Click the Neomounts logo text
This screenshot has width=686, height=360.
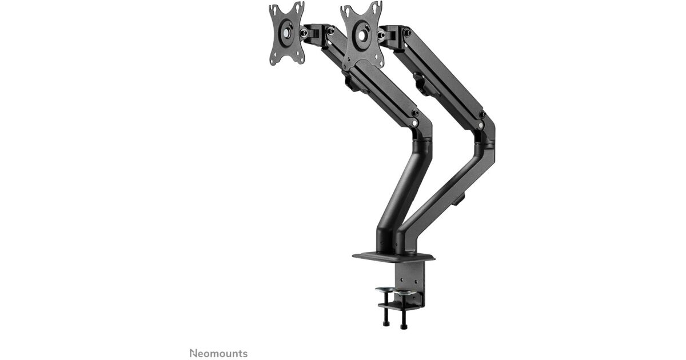[218, 353]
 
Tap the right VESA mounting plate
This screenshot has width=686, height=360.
[362, 36]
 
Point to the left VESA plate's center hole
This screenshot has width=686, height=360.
[286, 33]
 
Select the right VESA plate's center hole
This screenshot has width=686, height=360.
[362, 36]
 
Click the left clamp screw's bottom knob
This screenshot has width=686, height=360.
[386, 323]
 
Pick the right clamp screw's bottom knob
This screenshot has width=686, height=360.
[403, 326]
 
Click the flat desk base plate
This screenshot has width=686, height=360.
[393, 257]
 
